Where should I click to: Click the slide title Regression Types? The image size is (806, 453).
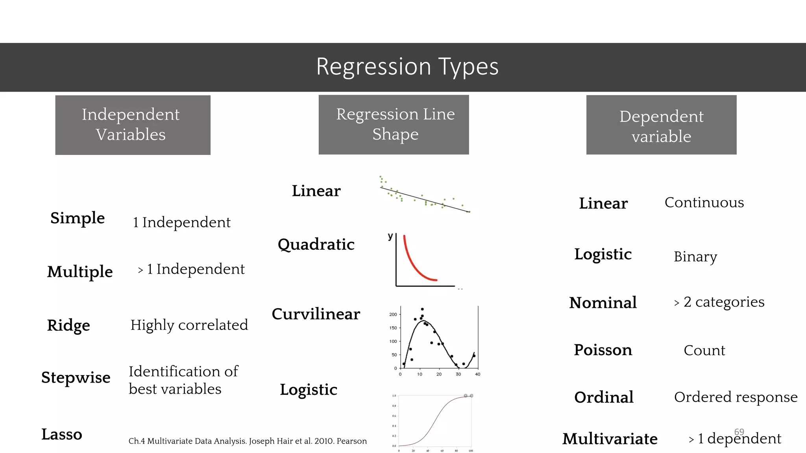[x=407, y=66]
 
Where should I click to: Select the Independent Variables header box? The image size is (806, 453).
[x=133, y=125]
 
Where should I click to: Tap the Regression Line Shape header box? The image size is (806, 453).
[x=394, y=124]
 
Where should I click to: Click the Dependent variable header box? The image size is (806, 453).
[x=661, y=125]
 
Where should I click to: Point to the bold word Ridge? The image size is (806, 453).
[x=68, y=326]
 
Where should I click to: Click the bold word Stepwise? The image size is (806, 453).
[x=76, y=377]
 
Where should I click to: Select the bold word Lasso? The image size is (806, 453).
[x=62, y=435]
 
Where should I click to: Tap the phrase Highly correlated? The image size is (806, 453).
[x=189, y=325]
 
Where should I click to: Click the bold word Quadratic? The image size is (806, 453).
[x=316, y=245]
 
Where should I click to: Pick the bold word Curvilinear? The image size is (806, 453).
[x=316, y=314]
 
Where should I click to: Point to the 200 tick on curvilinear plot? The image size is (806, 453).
[x=393, y=315]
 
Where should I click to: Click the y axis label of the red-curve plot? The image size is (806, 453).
[x=390, y=236]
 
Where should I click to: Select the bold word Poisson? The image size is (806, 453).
[x=603, y=350]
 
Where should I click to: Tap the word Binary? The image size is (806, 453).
[x=695, y=257]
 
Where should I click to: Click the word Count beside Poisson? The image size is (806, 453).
[x=704, y=350]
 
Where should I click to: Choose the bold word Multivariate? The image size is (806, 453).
[x=610, y=439]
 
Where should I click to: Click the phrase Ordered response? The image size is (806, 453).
[x=736, y=397]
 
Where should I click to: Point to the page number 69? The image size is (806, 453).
[x=739, y=432]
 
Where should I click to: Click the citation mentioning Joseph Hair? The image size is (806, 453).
[x=248, y=441]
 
